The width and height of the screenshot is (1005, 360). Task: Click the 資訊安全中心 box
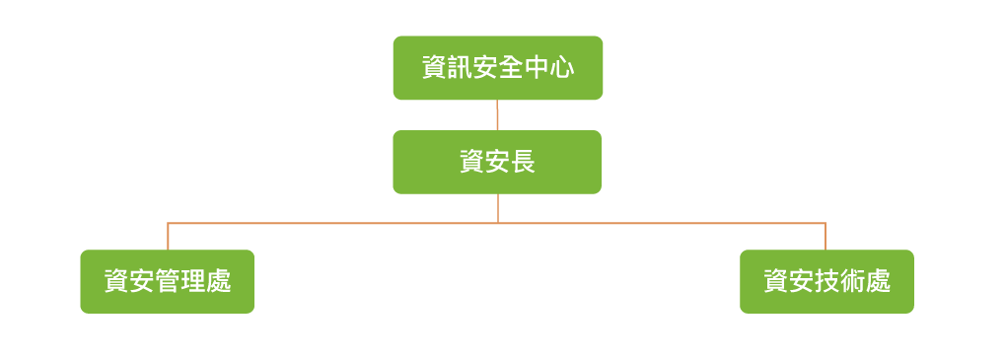497,68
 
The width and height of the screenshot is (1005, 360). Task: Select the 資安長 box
497,162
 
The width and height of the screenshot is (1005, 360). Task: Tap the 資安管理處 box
167,281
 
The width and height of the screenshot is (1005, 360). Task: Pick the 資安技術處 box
826,281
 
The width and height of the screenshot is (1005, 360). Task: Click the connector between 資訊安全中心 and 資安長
497,115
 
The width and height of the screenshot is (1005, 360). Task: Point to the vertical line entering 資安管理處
168,237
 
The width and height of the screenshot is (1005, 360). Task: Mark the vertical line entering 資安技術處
826,237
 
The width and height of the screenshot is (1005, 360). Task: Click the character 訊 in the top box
460,69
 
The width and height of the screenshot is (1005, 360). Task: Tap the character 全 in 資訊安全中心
510,69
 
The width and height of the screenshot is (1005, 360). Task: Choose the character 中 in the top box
536,69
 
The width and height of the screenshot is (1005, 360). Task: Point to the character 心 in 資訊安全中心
561,69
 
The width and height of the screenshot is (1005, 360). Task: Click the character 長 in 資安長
523,163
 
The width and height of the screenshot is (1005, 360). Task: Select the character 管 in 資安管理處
168,282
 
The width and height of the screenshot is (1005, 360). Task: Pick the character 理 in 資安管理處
193,282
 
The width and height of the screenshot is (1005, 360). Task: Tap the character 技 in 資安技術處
827,282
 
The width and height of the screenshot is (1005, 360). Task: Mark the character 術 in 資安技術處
853,282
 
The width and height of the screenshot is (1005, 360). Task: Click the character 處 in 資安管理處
219,282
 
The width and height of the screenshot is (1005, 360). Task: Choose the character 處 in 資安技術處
879,282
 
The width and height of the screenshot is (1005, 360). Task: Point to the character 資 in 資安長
472,163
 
